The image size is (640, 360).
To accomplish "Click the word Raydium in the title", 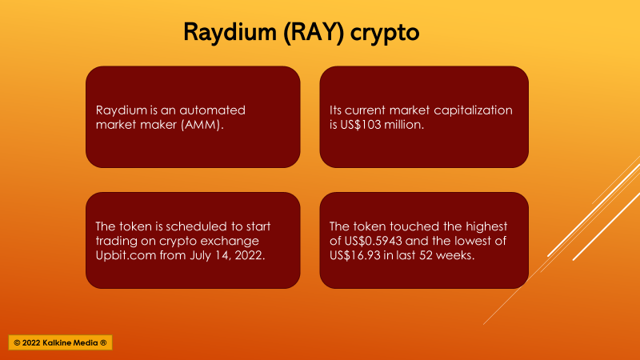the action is (x=230, y=32).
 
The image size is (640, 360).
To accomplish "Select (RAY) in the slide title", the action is (x=314, y=32).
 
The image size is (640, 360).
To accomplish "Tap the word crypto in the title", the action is (x=385, y=34).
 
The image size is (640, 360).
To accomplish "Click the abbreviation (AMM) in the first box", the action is (x=202, y=125).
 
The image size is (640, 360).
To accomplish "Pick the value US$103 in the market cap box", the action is (x=361, y=125).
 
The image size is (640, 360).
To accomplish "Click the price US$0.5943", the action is (x=373, y=242).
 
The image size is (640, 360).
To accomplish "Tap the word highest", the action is (x=486, y=227).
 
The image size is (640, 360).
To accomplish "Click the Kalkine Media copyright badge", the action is (x=61, y=343).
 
